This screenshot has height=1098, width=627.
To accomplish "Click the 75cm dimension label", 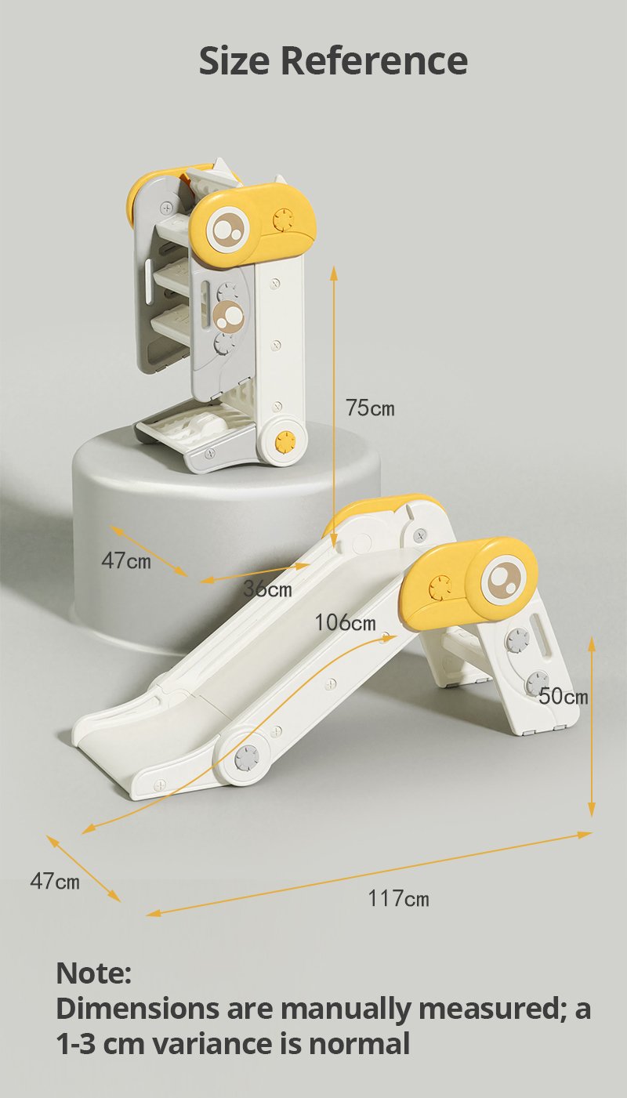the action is (370, 408).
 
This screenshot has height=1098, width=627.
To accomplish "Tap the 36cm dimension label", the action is (268, 589).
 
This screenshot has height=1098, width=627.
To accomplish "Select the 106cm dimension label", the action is (345, 622).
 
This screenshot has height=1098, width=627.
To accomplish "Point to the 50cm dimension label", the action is (564, 696).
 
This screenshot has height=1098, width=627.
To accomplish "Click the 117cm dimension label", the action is (399, 898).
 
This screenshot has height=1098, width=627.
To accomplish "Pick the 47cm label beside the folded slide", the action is (126, 560).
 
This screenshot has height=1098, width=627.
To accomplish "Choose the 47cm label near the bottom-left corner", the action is (54, 881).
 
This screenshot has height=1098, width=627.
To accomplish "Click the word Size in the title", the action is (234, 61).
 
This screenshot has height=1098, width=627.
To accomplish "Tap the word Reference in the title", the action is (374, 61).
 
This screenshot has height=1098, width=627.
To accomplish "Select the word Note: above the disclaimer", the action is (93, 973).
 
